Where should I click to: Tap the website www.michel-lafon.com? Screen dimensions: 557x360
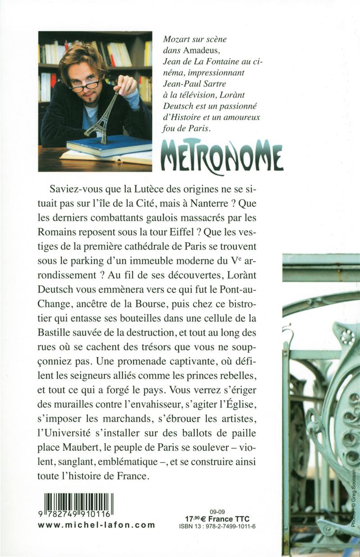(96, 525)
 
